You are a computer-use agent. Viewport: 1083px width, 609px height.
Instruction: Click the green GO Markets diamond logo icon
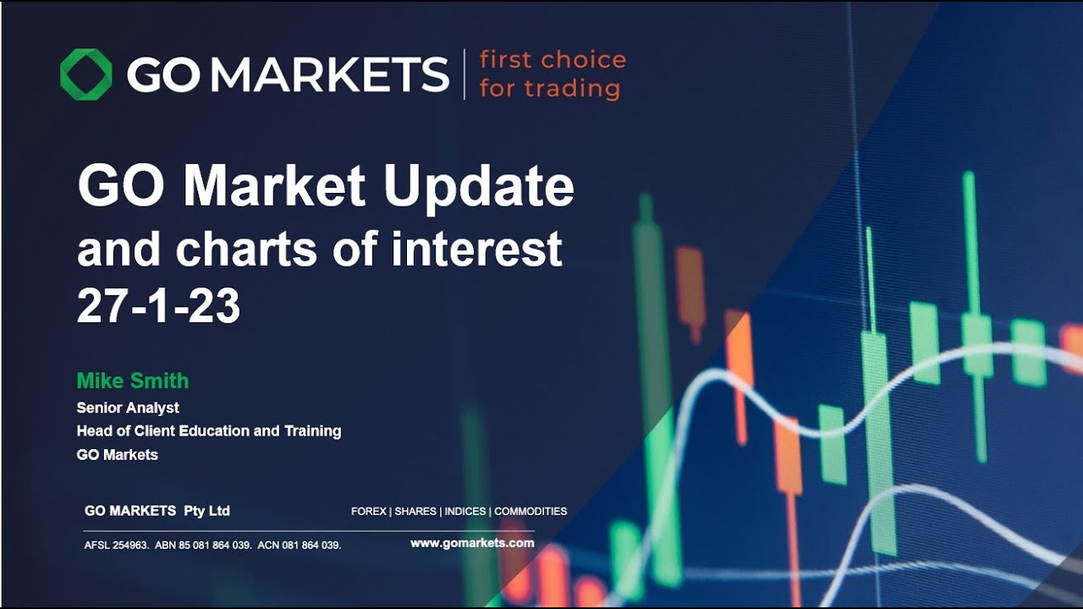coord(85,74)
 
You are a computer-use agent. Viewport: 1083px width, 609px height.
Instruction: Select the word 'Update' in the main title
coord(479,187)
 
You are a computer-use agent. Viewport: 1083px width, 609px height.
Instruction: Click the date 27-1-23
coord(158,306)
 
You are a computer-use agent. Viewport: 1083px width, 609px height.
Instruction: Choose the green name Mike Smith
coord(133,381)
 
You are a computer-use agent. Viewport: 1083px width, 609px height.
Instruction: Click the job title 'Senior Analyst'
coord(128,408)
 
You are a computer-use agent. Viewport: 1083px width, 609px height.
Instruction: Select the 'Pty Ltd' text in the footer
coord(206,511)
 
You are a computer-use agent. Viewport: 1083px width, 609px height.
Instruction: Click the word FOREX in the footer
coord(368,512)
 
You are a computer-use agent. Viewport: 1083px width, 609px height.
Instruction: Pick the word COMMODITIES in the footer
coord(531,512)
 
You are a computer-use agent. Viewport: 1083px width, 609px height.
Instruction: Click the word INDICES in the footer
coord(465,512)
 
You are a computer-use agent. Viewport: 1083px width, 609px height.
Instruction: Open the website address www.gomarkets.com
coord(472,543)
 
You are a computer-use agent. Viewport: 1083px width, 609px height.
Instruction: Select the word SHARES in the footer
coord(415,512)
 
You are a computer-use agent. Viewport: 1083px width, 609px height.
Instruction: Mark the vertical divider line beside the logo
coord(464,74)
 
